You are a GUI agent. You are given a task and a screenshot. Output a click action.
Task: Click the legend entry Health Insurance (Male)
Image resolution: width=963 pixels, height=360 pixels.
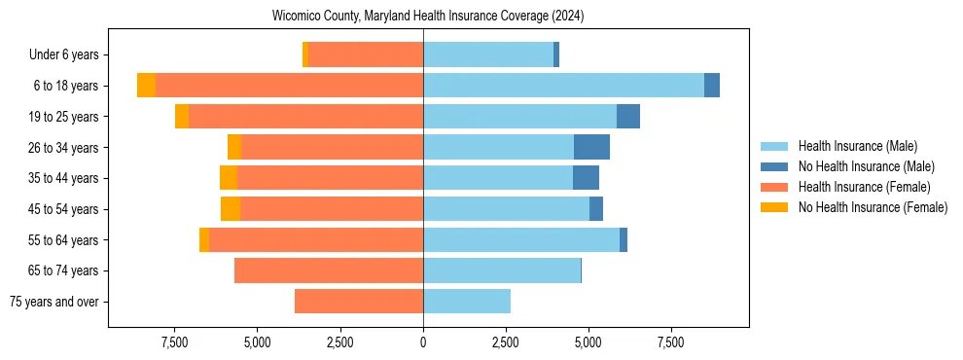coord(857,146)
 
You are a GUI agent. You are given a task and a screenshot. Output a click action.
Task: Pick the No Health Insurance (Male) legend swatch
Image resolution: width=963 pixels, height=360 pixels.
coord(775,166)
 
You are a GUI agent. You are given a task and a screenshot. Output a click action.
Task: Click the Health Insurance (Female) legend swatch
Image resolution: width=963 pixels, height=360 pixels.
coord(775,187)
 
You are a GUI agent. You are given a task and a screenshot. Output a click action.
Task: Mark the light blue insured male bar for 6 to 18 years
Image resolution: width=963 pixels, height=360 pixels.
coord(563,86)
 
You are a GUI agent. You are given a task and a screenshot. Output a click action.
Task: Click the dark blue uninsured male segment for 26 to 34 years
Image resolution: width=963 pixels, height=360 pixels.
coord(591,147)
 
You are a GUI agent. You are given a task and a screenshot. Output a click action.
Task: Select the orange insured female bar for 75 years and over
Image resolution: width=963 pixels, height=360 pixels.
coord(359,302)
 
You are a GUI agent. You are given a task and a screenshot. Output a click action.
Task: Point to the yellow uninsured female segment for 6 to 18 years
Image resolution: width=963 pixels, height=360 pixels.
coord(146,86)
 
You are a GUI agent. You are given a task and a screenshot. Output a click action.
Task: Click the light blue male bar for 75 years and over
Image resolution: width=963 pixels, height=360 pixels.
coord(467,302)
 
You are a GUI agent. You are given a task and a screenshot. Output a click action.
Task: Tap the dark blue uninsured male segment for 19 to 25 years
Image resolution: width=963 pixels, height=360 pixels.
coord(628,117)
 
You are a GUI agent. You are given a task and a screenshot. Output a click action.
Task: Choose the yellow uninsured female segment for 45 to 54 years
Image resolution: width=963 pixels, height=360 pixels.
coord(231,209)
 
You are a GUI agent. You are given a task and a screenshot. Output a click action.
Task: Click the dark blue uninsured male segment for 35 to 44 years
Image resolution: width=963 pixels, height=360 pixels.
coord(586,178)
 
